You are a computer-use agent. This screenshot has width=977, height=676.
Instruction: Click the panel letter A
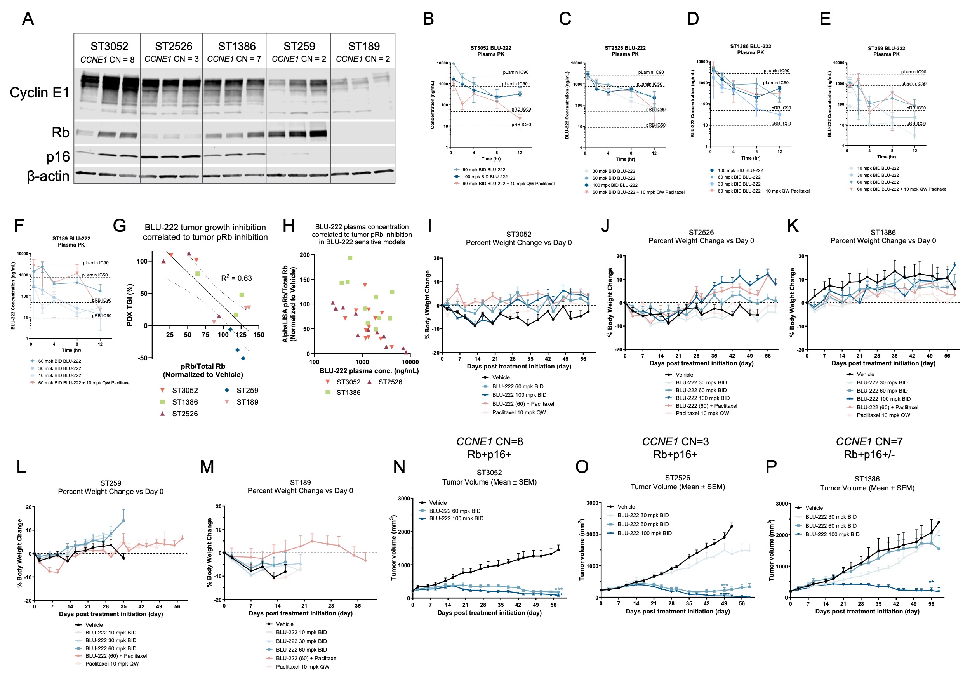(x=28, y=19)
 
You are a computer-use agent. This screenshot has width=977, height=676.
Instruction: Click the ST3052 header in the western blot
(x=109, y=46)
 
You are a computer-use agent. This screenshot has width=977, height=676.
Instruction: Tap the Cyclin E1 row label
(x=39, y=92)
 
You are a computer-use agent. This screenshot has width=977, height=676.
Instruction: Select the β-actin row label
(x=48, y=176)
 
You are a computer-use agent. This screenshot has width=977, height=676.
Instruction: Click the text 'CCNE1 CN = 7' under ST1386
(x=234, y=59)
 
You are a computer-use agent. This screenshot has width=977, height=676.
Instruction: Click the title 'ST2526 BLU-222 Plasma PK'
(x=625, y=51)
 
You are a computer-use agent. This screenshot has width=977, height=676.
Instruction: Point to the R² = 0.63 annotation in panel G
(x=236, y=278)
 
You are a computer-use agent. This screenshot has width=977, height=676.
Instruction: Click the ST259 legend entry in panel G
(x=247, y=390)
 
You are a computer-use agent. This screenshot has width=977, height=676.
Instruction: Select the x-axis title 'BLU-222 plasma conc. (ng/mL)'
(x=369, y=370)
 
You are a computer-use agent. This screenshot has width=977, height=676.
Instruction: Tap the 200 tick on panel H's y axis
(x=304, y=255)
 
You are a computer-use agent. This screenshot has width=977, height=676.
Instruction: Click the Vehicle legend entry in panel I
(x=501, y=377)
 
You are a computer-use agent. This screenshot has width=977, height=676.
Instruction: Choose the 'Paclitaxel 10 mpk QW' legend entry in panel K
(x=883, y=415)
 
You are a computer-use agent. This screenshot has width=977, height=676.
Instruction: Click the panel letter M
(x=207, y=467)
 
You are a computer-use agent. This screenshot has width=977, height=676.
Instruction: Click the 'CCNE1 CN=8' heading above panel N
(x=489, y=441)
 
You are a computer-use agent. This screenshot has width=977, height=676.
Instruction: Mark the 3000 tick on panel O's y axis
(x=592, y=503)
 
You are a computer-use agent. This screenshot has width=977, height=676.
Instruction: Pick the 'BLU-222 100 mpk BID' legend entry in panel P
(x=832, y=534)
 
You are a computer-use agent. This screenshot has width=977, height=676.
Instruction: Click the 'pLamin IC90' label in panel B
(x=515, y=73)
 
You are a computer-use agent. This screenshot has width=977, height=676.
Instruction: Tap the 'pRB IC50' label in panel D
(x=781, y=124)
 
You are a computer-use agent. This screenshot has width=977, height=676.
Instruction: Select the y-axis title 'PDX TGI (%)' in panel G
(x=130, y=305)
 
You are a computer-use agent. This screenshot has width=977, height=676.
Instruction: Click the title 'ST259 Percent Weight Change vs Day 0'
(x=111, y=487)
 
